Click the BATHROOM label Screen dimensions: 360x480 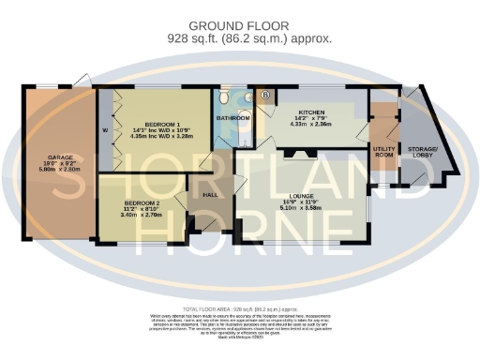233,118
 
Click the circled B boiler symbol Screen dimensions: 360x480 265,96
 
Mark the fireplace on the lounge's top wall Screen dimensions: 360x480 300,156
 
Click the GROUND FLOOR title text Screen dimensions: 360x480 240,26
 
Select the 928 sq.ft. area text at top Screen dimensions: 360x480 240,39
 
